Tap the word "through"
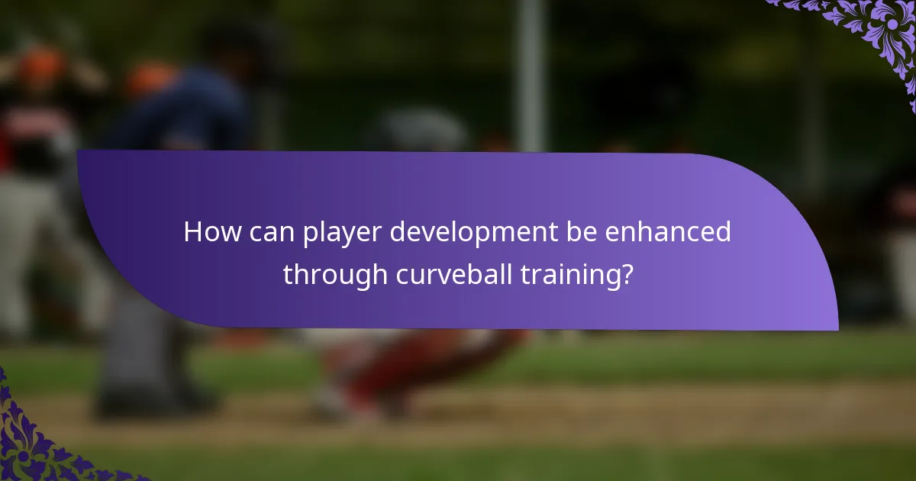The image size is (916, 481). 336,275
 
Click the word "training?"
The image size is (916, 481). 577,275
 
